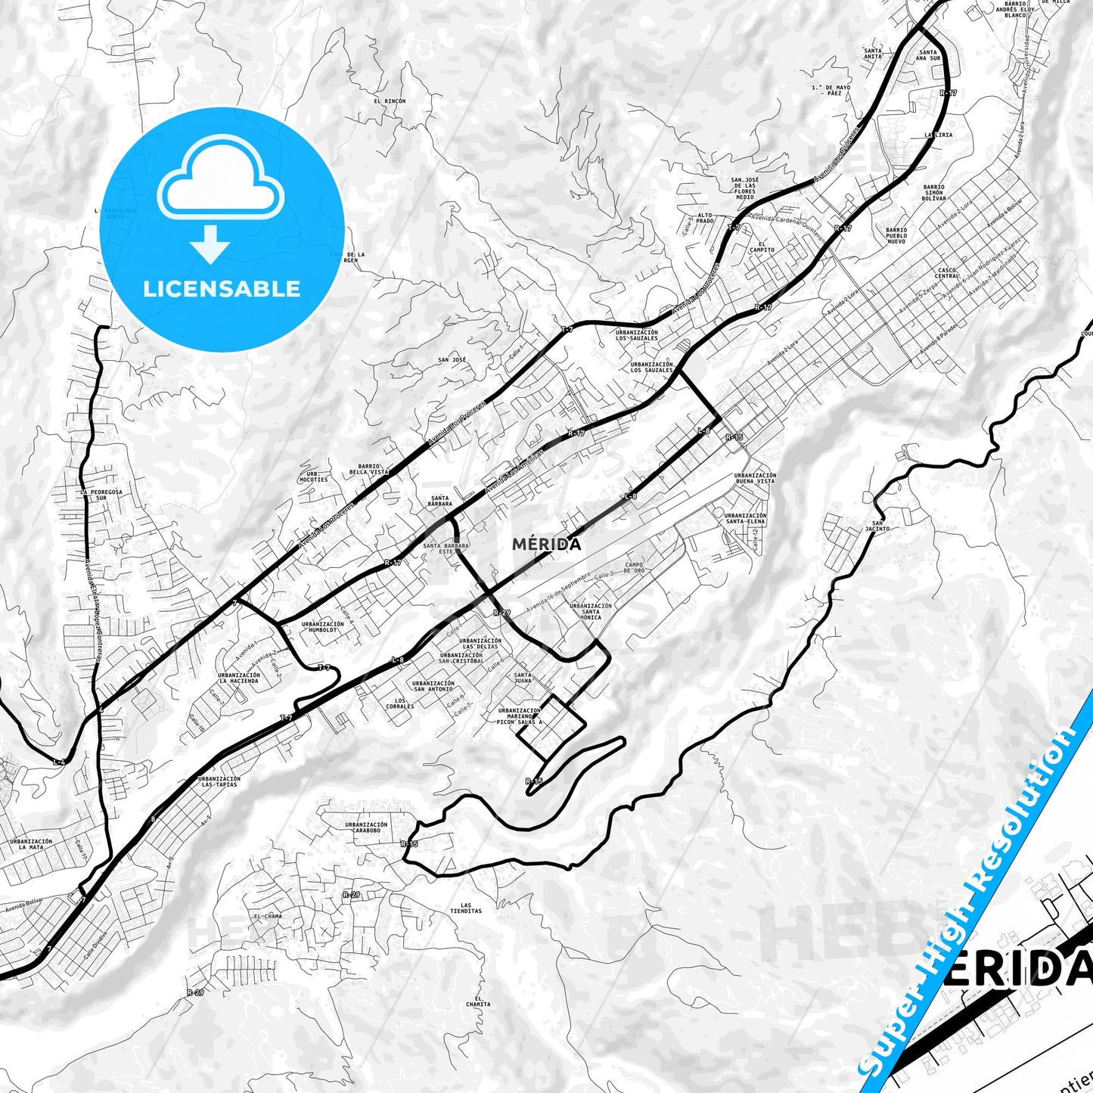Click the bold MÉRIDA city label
(x=546, y=545)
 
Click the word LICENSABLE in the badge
(x=222, y=289)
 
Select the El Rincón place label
(x=390, y=101)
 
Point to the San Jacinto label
(x=877, y=526)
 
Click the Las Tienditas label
(x=465, y=908)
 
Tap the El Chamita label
(x=478, y=1001)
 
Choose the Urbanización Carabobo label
(x=366, y=828)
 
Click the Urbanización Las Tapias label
(x=219, y=781)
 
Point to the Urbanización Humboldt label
(x=322, y=627)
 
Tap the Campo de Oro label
(x=634, y=567)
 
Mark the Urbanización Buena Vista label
(x=755, y=478)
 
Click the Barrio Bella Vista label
(x=374, y=468)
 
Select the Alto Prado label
(x=705, y=218)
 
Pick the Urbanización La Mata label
(x=31, y=844)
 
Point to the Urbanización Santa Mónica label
(x=591, y=611)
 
